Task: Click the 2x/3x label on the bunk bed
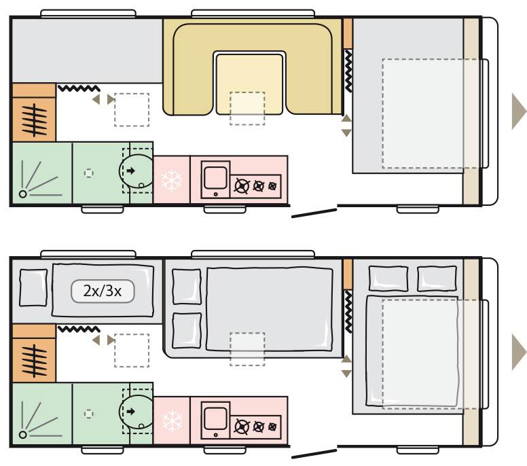(x=102, y=291)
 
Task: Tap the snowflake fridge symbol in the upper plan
(x=172, y=181)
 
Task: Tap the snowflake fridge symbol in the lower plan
(x=172, y=420)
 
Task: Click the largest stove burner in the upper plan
(x=242, y=186)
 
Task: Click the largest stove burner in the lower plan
(x=242, y=427)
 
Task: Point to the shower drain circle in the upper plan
(x=23, y=194)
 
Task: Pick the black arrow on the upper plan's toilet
(x=131, y=171)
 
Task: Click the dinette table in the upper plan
(x=249, y=84)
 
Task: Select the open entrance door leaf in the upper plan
(x=314, y=213)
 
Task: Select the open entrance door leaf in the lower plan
(x=314, y=454)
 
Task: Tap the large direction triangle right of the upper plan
(x=519, y=111)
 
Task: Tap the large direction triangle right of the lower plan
(x=519, y=352)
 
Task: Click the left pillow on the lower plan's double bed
(x=388, y=279)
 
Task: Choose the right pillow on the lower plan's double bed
(x=437, y=279)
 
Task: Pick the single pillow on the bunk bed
(x=33, y=288)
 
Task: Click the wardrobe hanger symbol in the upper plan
(x=34, y=120)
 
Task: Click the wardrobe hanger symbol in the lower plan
(x=34, y=361)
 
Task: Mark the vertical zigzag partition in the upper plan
(x=348, y=71)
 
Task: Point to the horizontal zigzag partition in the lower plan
(x=79, y=329)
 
